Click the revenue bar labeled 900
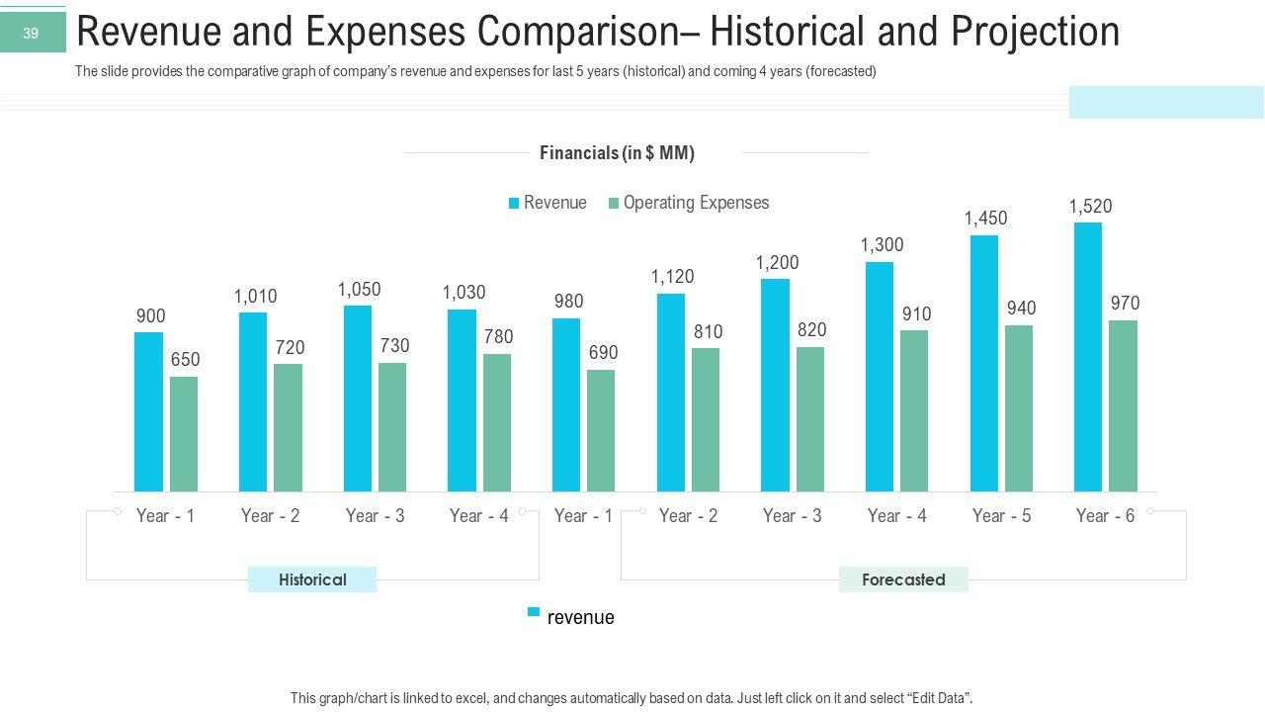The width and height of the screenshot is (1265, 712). click(x=148, y=411)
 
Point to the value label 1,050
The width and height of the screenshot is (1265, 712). click(x=359, y=290)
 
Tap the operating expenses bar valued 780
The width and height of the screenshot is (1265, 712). click(x=497, y=422)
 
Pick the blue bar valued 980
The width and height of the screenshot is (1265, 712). click(x=566, y=404)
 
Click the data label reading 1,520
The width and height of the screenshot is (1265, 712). click(x=1090, y=207)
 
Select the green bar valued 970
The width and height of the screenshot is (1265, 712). click(x=1123, y=405)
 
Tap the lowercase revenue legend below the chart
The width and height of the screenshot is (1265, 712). click(x=580, y=618)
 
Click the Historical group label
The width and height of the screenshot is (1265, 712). click(x=312, y=579)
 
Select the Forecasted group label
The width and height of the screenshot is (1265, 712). click(x=903, y=579)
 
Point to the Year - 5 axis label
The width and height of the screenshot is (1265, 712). click(x=1001, y=515)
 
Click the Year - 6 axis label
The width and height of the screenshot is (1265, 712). click(x=1105, y=515)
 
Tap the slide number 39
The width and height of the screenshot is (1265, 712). click(x=31, y=34)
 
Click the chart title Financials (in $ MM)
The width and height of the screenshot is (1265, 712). click(x=617, y=153)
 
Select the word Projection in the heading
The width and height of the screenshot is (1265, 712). click(x=1035, y=33)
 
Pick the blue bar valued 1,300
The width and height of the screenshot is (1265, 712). click(x=879, y=376)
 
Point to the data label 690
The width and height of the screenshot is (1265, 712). click(x=602, y=353)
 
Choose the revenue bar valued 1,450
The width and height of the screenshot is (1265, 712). click(x=984, y=363)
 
